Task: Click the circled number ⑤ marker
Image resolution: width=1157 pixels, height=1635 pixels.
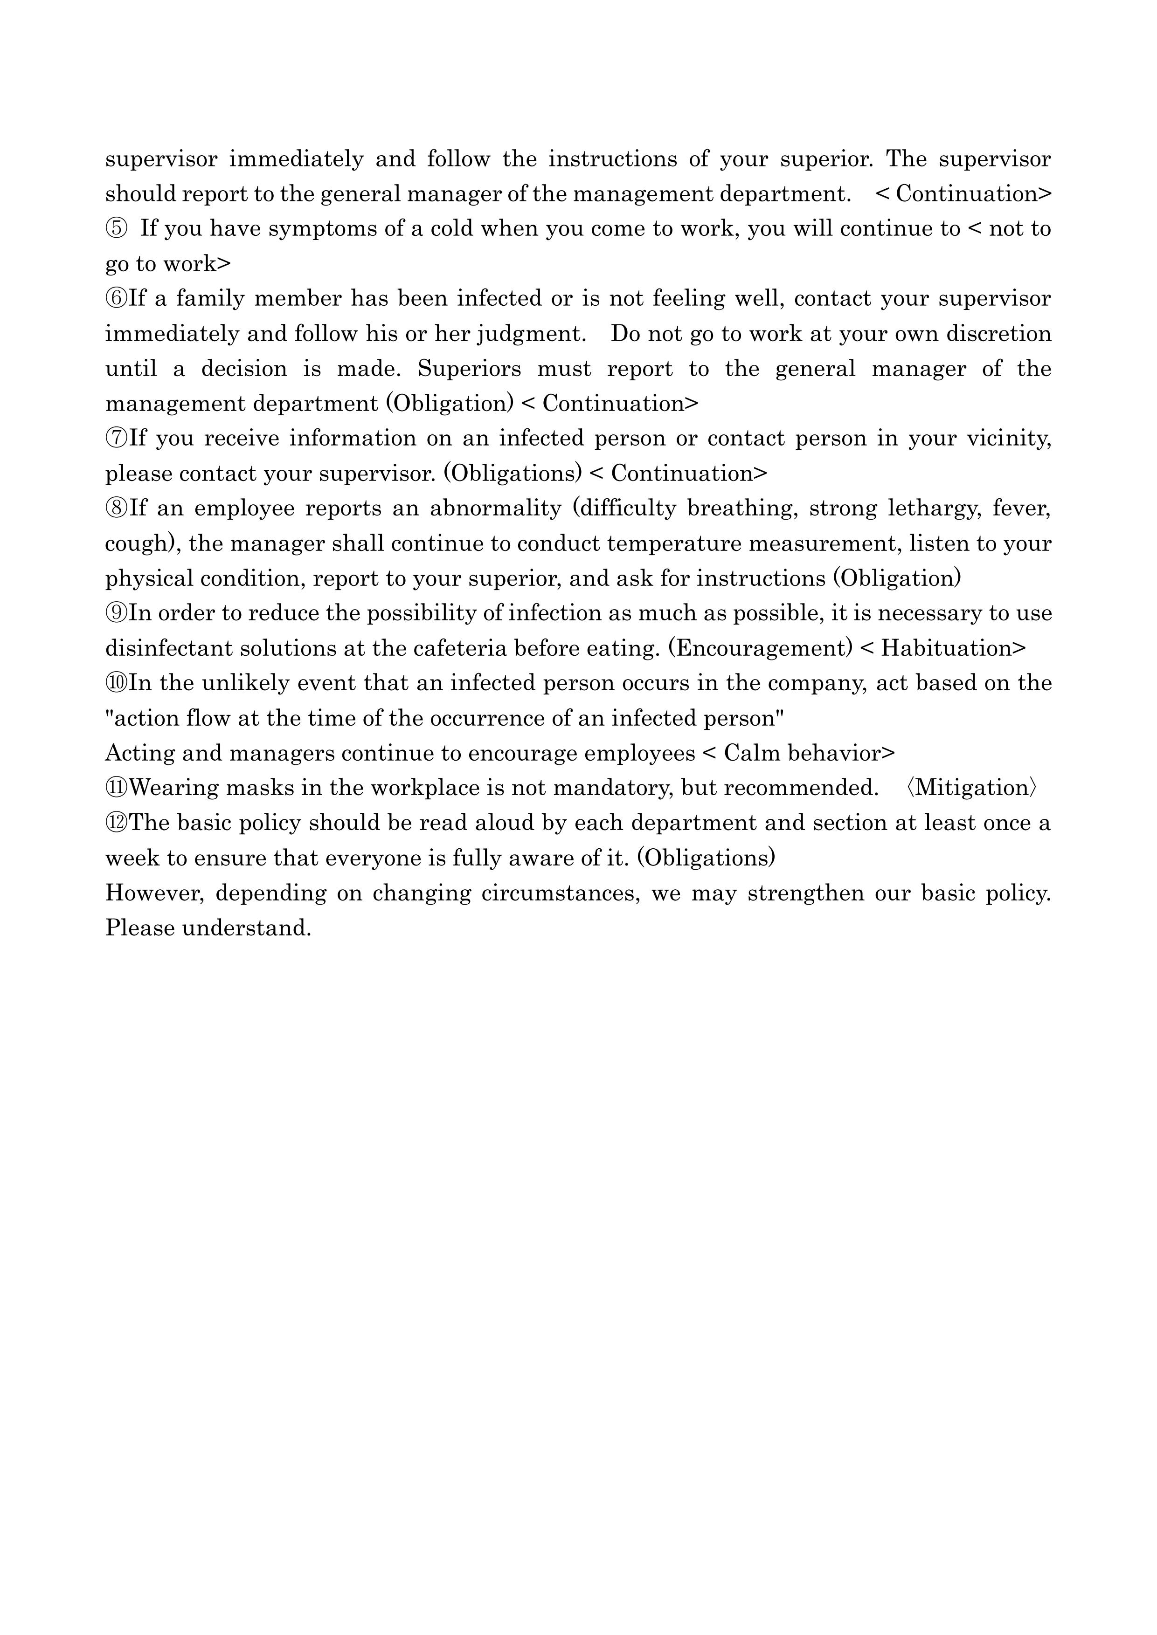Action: [116, 228]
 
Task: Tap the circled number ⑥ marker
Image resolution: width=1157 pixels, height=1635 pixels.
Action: [116, 298]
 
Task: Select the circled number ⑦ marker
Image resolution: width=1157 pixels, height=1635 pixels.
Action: [116, 438]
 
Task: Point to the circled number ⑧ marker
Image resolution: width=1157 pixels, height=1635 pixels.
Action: [116, 508]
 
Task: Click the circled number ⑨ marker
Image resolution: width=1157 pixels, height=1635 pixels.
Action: [116, 613]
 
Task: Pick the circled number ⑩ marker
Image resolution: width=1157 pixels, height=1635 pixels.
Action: [116, 683]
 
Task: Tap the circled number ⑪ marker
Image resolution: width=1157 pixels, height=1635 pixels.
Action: [116, 788]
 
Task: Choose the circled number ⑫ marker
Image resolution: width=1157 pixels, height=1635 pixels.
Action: [116, 823]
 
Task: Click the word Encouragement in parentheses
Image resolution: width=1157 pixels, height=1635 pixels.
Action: [760, 648]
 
